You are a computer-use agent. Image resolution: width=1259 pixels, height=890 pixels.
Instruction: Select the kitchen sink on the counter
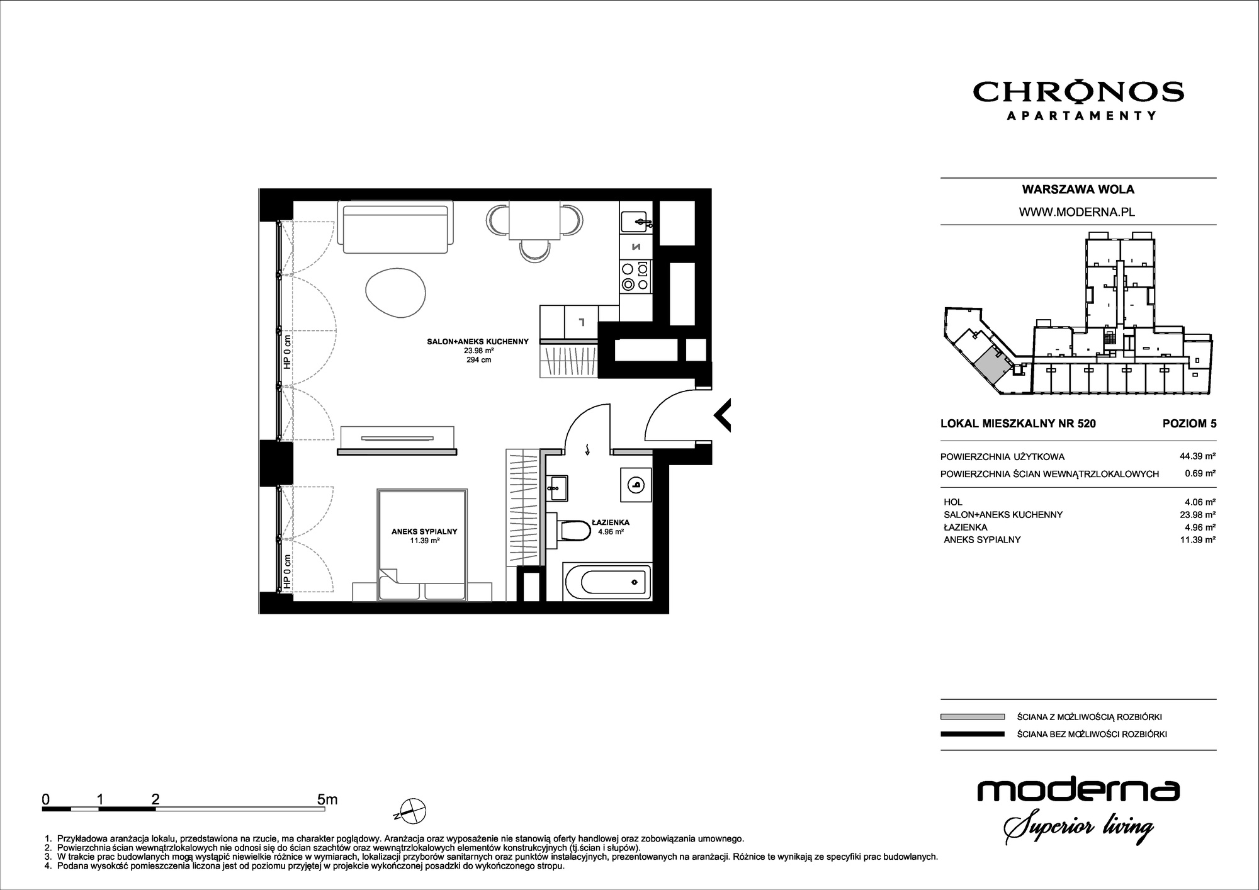pyautogui.click(x=636, y=222)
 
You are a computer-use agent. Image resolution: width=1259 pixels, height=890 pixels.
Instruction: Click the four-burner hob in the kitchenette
pyautogui.click(x=635, y=277)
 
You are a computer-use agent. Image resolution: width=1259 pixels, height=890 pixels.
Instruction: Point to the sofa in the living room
pyautogui.click(x=395, y=226)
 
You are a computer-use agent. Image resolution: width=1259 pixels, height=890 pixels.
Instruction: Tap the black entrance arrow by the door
pyautogui.click(x=722, y=415)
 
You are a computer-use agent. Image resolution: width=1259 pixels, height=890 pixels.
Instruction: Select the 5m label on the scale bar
pyautogui.click(x=327, y=799)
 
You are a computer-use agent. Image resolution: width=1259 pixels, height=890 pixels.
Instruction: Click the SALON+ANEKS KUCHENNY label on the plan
pyautogui.click(x=478, y=342)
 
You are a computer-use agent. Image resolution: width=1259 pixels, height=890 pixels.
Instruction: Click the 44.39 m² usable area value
pyautogui.click(x=1197, y=456)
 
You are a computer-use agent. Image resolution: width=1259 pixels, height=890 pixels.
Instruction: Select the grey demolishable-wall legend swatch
pyautogui.click(x=972, y=716)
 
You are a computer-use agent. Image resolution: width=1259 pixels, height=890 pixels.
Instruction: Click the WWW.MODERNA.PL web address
pyautogui.click(x=1077, y=212)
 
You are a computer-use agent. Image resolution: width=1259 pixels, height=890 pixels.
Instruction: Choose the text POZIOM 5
pyautogui.click(x=1189, y=424)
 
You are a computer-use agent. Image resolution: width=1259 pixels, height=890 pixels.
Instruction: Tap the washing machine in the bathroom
pyautogui.click(x=636, y=485)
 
